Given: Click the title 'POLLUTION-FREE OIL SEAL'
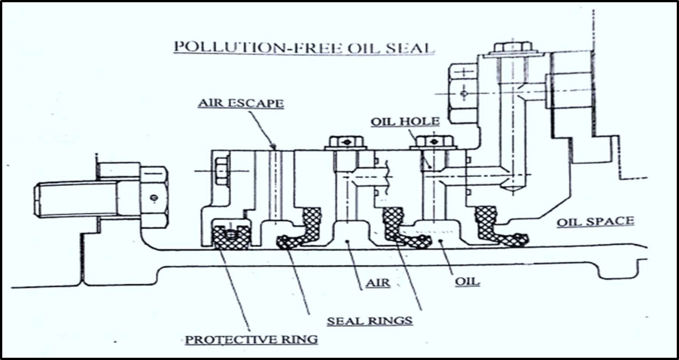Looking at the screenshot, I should click(x=304, y=47).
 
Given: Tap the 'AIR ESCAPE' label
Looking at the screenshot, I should click(x=240, y=103).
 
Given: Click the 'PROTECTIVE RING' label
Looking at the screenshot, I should click(x=251, y=339).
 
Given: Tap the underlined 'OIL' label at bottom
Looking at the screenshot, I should click(x=467, y=284).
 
